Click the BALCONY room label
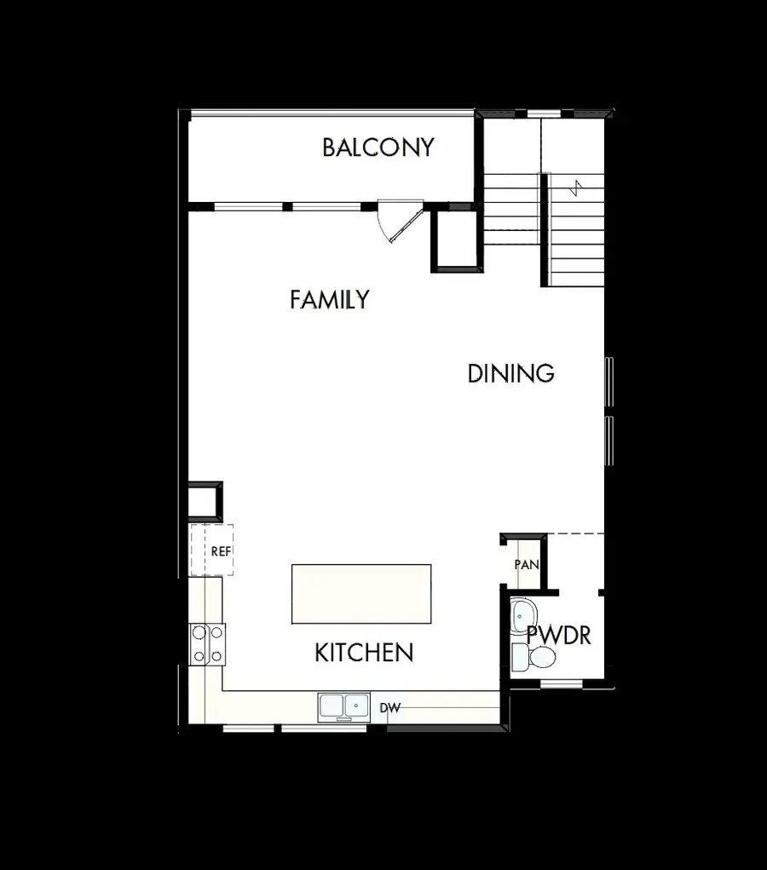pos(378,147)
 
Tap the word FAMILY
pos(329,300)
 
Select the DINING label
pos(510,373)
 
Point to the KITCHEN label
pos(364,654)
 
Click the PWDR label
pos(558,635)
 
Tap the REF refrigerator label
pos(221,551)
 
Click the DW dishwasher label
pos(389,708)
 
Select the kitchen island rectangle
pos(361,594)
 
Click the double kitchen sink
pos(343,707)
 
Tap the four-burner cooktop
pos(207,644)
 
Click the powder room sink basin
pos(522,614)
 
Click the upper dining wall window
pos(608,382)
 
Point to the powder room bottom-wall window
pos(561,683)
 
